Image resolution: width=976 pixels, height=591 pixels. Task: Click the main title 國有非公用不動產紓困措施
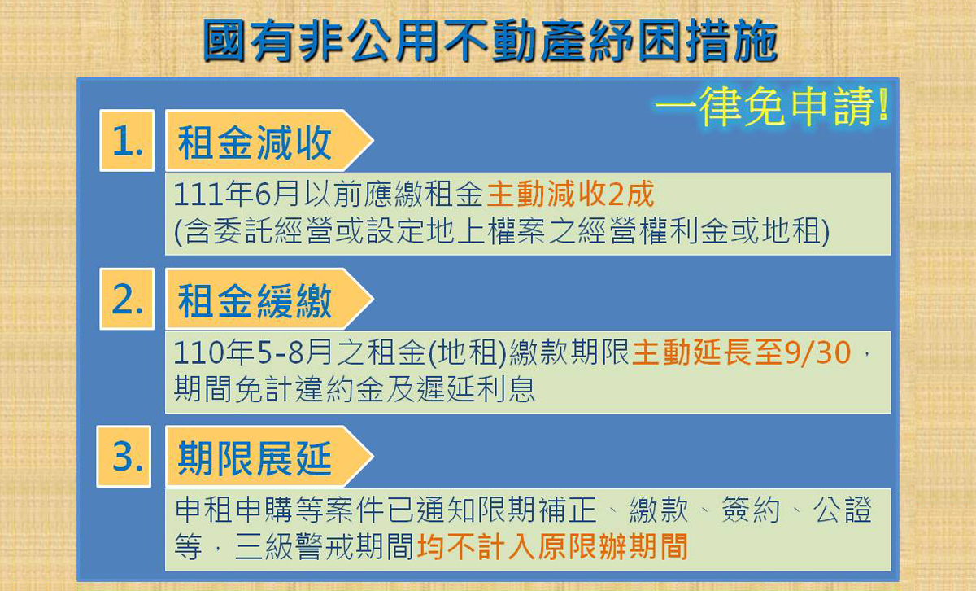click(490, 41)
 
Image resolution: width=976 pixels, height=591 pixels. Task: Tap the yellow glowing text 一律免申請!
click(772, 107)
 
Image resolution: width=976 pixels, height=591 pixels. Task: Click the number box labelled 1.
click(127, 141)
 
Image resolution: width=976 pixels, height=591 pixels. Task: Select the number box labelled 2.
click(127, 299)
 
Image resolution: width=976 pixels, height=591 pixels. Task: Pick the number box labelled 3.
click(124, 456)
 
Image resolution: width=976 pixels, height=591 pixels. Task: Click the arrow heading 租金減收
click(269, 141)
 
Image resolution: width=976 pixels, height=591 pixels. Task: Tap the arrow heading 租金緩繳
click(269, 299)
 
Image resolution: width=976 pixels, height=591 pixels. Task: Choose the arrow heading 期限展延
click(269, 456)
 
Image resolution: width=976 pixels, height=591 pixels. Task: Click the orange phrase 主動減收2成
click(570, 194)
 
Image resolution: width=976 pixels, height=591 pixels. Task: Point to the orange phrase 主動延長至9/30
click(742, 352)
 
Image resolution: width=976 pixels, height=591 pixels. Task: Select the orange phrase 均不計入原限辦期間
click(552, 546)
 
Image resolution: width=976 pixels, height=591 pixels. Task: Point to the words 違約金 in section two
click(340, 388)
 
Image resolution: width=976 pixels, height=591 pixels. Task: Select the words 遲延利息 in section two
click(476, 388)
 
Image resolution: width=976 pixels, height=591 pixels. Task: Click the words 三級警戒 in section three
click(295, 546)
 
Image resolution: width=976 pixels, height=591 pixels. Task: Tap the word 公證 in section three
click(842, 510)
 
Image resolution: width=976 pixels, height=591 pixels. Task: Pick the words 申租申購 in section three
click(233, 510)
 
